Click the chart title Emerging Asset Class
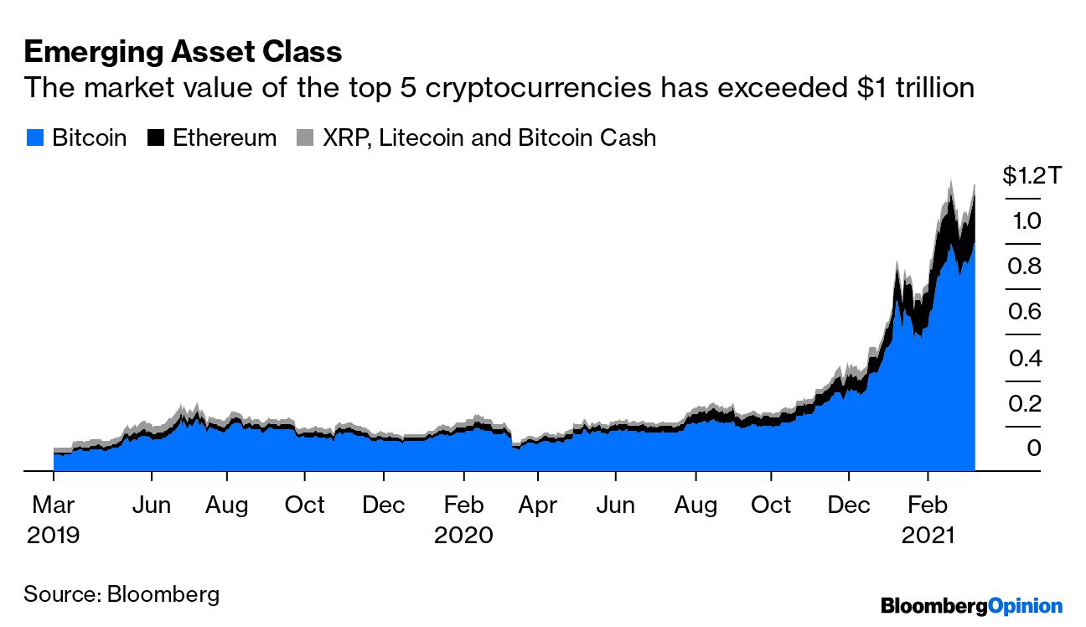pos(183,52)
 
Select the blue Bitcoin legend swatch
pos(34,138)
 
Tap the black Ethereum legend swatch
pos(156,138)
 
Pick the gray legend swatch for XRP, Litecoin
pos(306,138)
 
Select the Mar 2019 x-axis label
pos(53,520)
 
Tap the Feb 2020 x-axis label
pos(463,520)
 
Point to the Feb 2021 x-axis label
pos(928,520)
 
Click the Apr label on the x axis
pos(537,505)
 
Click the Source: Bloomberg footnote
pos(122,595)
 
